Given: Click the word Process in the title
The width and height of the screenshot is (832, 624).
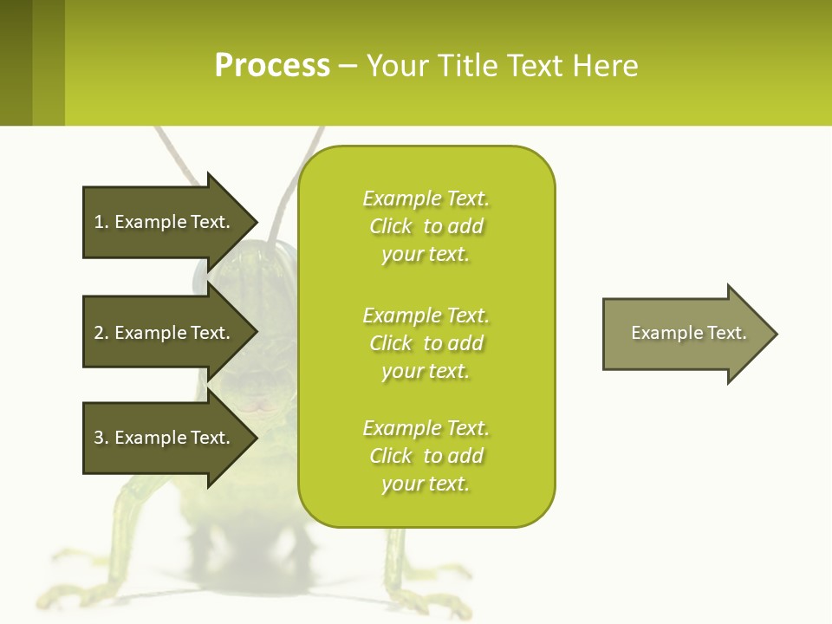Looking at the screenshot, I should click(272, 65).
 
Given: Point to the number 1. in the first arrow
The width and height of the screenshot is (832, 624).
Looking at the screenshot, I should click(101, 222).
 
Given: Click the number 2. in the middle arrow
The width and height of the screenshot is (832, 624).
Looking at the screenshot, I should click(101, 333).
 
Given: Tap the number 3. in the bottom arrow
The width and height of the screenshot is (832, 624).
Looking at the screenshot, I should click(101, 438).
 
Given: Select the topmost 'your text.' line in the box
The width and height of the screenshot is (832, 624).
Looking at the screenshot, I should click(426, 255).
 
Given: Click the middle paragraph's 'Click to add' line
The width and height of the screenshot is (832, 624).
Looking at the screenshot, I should click(426, 344).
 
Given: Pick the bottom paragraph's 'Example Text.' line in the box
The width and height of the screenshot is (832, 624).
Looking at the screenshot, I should click(426, 428).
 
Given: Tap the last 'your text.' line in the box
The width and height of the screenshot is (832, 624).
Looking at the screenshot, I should click(426, 484).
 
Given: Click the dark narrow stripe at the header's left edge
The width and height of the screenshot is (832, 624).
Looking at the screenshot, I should click(16, 62).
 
